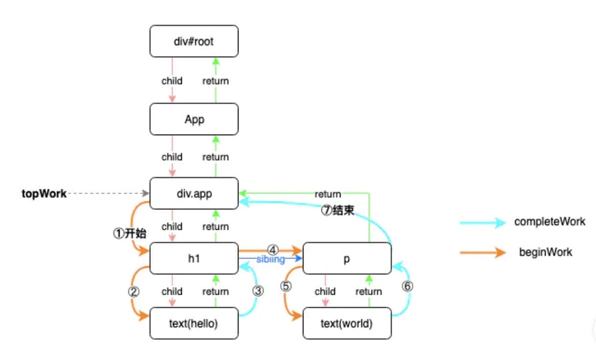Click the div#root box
tap(193, 41)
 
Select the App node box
tap(193, 120)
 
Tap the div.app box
tap(193, 195)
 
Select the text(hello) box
tap(193, 324)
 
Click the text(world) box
tap(346, 324)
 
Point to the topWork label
tap(44, 195)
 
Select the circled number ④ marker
tap(272, 249)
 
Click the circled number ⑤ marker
tap(285, 287)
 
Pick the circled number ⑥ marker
tap(407, 287)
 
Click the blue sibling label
tap(270, 259)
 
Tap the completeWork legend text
tap(550, 222)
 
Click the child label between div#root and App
tap(172, 81)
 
